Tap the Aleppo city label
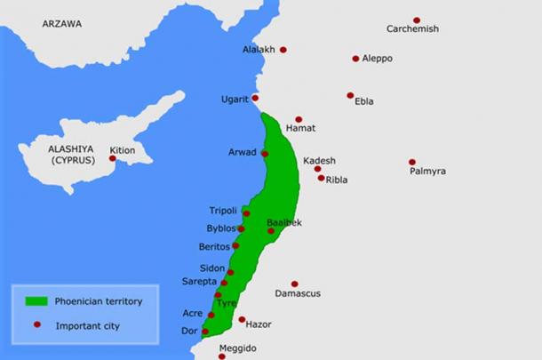377,59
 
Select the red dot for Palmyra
412,162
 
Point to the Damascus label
298,293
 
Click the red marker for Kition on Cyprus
113,158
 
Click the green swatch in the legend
36,301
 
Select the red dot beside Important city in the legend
36,325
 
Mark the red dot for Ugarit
256,98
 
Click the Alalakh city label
259,49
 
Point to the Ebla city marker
350,95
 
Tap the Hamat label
300,129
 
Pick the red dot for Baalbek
271,231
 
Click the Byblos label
220,228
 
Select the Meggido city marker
222,356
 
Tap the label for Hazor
258,325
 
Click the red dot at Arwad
265,154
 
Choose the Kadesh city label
320,160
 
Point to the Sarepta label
200,281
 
